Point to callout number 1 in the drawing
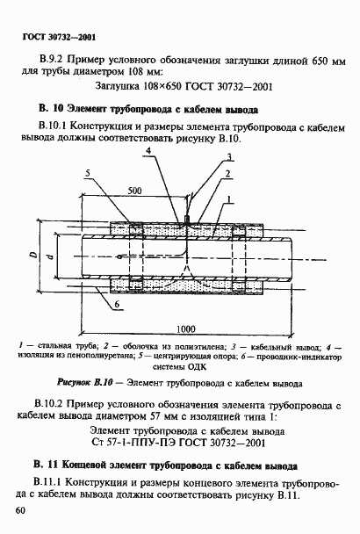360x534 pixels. click(229, 201)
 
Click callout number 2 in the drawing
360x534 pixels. click(227, 174)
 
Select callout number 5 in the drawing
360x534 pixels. click(87, 174)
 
